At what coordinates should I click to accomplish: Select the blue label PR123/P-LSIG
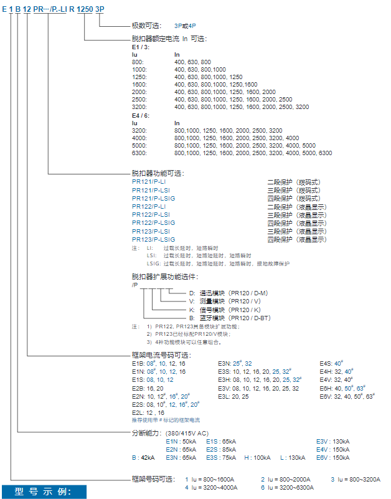coord(153,239)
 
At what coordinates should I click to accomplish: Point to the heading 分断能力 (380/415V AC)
coord(171,432)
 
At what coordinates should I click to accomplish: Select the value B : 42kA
coord(143,457)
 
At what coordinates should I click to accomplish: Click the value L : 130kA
coord(293,457)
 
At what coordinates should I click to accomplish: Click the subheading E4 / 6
coord(141,115)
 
